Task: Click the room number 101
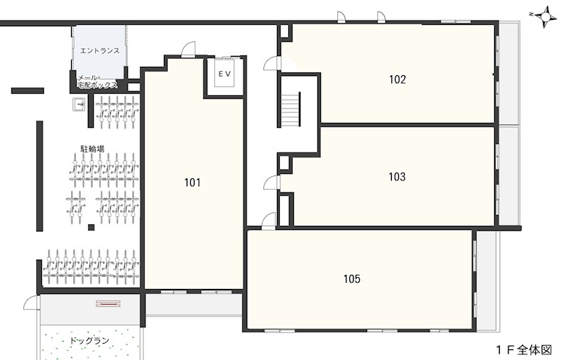(192, 182)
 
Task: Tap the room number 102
(398, 80)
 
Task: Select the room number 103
(397, 177)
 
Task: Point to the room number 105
(351, 279)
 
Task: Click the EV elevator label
(224, 74)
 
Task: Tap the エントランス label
(99, 50)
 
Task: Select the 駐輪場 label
(92, 148)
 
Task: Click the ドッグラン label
(89, 340)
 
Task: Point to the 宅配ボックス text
(98, 85)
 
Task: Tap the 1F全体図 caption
(524, 350)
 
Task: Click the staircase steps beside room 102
(291, 109)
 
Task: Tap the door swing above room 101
(188, 49)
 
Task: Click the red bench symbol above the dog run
(108, 303)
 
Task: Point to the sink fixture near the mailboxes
(79, 104)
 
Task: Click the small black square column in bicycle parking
(92, 227)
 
